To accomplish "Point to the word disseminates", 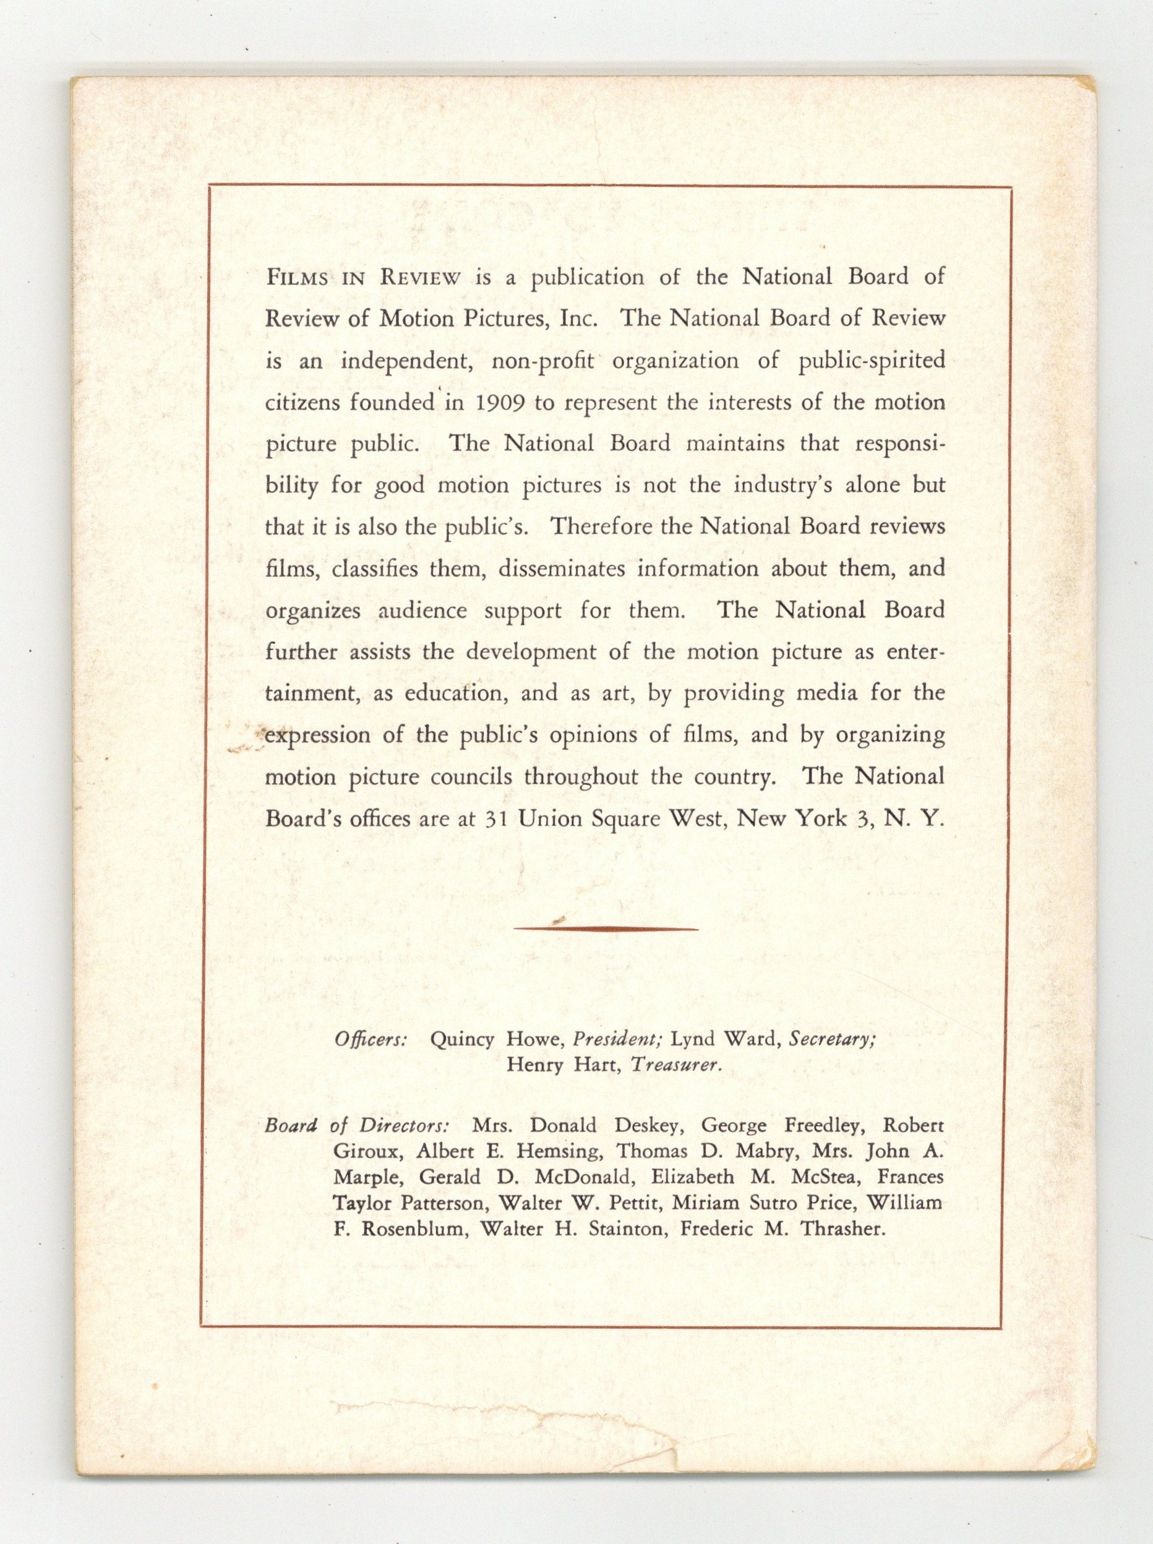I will (573, 569).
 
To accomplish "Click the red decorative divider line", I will (606, 929).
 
